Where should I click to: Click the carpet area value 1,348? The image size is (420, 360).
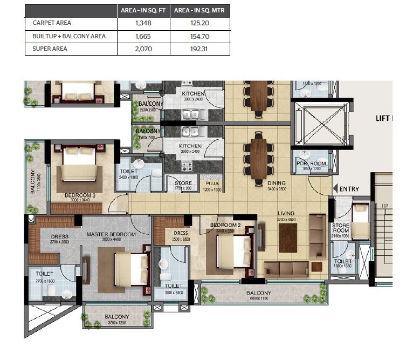pyautogui.click(x=143, y=23)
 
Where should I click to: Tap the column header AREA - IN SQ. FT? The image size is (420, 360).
pyautogui.click(x=143, y=11)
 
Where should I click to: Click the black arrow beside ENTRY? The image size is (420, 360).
pyautogui.click(x=337, y=188)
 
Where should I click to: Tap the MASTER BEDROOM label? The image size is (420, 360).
pyautogui.click(x=111, y=235)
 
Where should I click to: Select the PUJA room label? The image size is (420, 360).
pyautogui.click(x=211, y=183)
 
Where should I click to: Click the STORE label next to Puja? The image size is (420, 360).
pyautogui.click(x=183, y=183)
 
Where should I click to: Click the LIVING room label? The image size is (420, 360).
pyautogui.click(x=286, y=214)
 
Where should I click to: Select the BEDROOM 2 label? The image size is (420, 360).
pyautogui.click(x=223, y=225)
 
